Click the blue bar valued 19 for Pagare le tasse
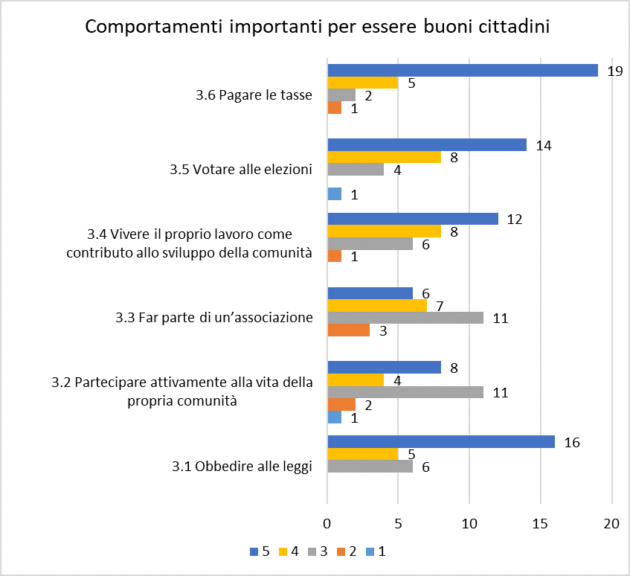463,71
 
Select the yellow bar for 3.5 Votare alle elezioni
385,157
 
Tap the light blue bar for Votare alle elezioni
335,194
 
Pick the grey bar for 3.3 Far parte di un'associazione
405,318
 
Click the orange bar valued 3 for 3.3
349,330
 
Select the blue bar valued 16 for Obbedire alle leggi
441,442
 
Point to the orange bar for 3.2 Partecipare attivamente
342,405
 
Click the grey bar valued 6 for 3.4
370,243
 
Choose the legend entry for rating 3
319,551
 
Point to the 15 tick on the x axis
541,524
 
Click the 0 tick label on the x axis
327,524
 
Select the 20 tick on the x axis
611,524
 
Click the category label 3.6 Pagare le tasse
254,95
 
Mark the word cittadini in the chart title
514,28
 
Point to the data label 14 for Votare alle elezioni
544,146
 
